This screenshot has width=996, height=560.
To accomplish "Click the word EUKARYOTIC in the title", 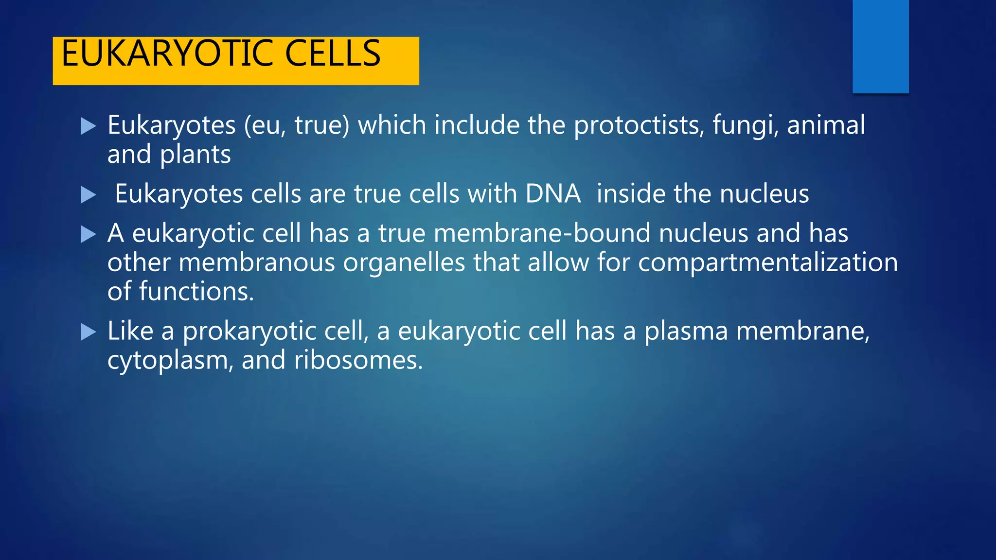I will [168, 53].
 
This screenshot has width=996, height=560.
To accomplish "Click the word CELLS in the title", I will [333, 53].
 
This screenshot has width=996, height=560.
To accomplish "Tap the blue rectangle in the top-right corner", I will [880, 46].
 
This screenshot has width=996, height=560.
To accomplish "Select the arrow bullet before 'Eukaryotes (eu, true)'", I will [88, 126].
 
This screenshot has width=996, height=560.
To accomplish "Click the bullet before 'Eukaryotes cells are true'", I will [88, 195].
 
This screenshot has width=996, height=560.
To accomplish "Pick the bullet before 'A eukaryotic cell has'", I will [88, 234].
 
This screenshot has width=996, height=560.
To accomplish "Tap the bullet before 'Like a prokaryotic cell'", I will [88, 332].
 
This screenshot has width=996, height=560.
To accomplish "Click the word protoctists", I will [639, 125].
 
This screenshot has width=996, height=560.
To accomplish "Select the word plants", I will [195, 155].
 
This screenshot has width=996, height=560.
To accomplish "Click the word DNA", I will [553, 194].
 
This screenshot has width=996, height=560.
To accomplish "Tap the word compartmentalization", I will [767, 263].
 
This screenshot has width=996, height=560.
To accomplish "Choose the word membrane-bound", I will [542, 233].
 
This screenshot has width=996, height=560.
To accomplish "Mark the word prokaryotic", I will [273, 332].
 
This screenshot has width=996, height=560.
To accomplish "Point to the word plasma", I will [686, 332].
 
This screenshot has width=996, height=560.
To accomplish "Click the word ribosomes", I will [358, 361].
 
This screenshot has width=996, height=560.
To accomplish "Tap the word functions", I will [196, 292].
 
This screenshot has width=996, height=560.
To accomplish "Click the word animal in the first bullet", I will [826, 125].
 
